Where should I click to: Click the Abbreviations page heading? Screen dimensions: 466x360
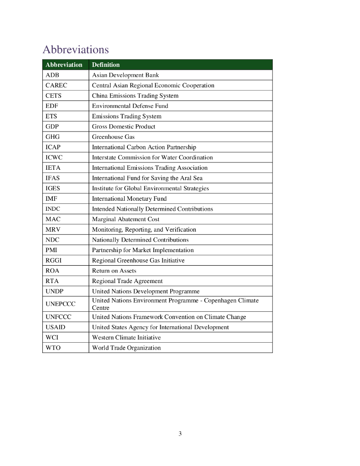coord(76,49)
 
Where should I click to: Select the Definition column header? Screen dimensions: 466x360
coord(106,65)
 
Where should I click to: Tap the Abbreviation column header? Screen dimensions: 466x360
coord(64,65)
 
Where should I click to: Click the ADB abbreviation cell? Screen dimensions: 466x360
coord(52,75)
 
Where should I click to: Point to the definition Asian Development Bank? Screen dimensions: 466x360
coord(126,75)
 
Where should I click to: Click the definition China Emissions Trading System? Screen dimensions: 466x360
coord(135,96)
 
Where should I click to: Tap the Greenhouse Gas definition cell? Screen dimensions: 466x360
coord(113,137)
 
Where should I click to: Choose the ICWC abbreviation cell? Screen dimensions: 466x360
coord(54,157)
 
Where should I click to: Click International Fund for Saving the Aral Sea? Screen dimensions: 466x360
coord(147,178)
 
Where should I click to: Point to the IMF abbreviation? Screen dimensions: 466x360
coord(51,198)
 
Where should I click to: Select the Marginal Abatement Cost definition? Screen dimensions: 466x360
coord(126,219)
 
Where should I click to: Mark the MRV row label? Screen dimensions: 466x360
coord(53,229)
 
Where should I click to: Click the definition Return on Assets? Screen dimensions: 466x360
coord(114,271)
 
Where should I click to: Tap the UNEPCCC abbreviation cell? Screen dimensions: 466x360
coord(61,304)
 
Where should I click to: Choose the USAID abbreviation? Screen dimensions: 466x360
coord(56,327)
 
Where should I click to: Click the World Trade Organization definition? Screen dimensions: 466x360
coord(126,348)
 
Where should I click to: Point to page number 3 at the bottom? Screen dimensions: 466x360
coord(180,434)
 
